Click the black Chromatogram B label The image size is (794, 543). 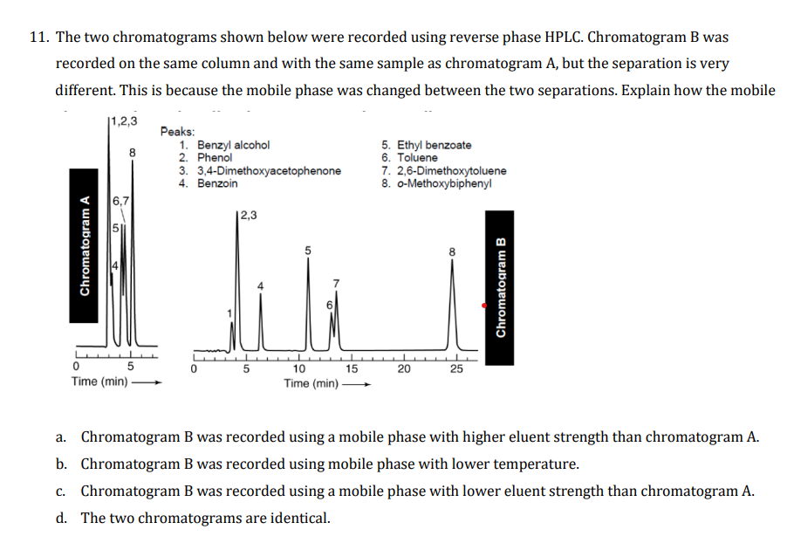click(x=501, y=288)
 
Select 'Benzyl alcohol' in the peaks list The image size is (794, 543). click(x=233, y=145)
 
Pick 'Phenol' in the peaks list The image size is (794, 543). click(x=215, y=158)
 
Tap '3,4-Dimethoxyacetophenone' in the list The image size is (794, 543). click(x=269, y=171)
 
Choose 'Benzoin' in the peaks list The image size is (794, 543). click(x=217, y=183)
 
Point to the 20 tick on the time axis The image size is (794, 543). click(x=404, y=368)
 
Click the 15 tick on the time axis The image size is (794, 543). click(x=351, y=368)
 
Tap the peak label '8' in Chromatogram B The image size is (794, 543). click(x=452, y=251)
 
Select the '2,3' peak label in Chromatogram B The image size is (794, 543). click(x=247, y=215)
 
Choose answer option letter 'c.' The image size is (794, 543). click(x=61, y=491)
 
